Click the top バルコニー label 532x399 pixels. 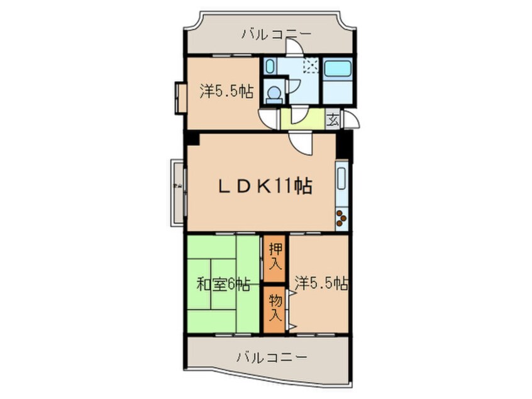click(x=271, y=34)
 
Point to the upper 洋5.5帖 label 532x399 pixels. click(x=226, y=92)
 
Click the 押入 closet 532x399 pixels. click(x=274, y=256)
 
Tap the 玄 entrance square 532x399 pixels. click(x=332, y=119)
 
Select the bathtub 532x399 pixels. click(x=337, y=69)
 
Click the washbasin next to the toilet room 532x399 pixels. click(x=269, y=65)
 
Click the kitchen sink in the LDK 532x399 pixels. click(x=341, y=180)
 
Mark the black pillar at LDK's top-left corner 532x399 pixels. click(x=192, y=138)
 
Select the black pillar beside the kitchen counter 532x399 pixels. click(x=343, y=145)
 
